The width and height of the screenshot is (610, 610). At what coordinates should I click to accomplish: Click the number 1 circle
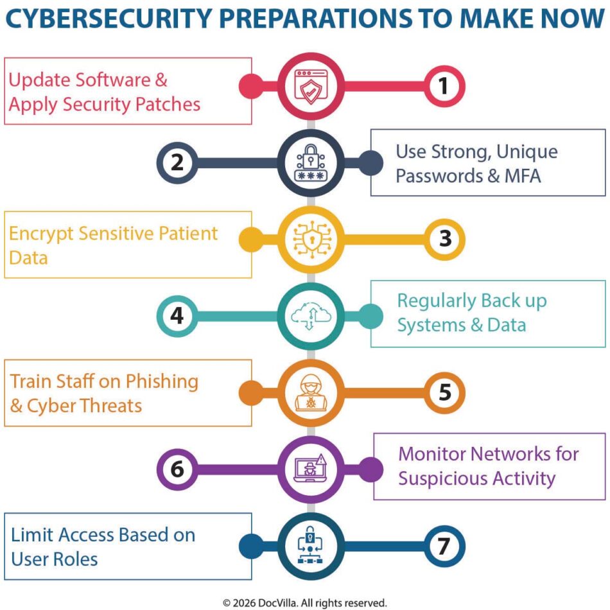443,85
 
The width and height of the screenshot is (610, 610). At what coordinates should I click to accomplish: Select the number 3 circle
443,239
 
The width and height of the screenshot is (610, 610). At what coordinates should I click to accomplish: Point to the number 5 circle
443,392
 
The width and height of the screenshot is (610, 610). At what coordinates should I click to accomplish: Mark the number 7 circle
443,546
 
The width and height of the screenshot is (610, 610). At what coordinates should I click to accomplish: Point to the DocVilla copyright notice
305,602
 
